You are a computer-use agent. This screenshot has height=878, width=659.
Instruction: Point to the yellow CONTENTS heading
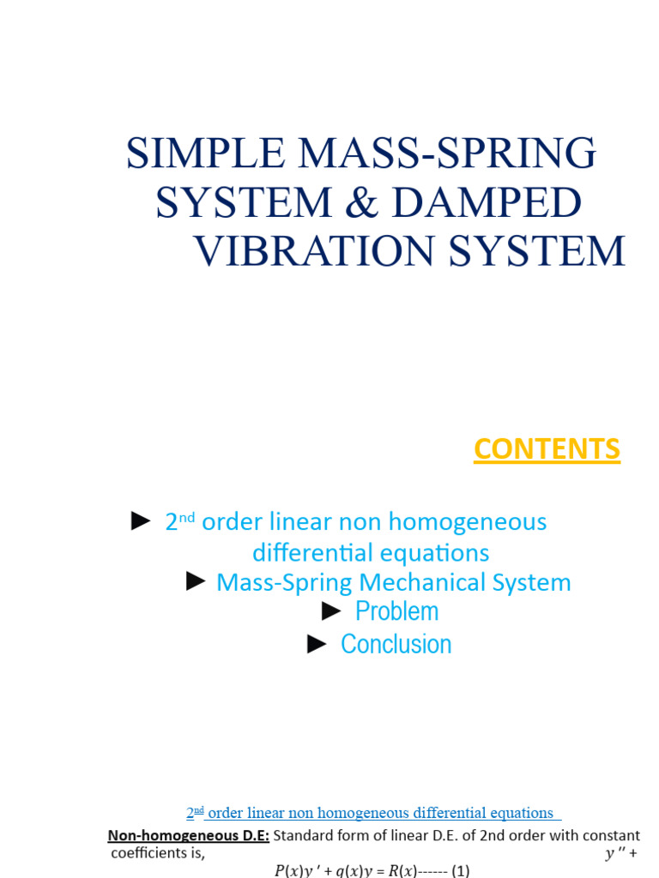point(547,449)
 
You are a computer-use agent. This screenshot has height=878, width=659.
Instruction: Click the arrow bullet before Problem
point(332,610)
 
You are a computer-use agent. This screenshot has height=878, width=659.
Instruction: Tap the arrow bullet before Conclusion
point(317,644)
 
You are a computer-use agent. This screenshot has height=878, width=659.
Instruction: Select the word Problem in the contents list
point(396,611)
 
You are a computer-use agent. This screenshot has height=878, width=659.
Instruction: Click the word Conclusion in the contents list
point(396,644)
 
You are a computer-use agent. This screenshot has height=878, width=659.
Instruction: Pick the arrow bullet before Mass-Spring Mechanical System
point(196,582)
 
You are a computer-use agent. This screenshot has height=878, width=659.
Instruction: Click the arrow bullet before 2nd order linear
point(141,520)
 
